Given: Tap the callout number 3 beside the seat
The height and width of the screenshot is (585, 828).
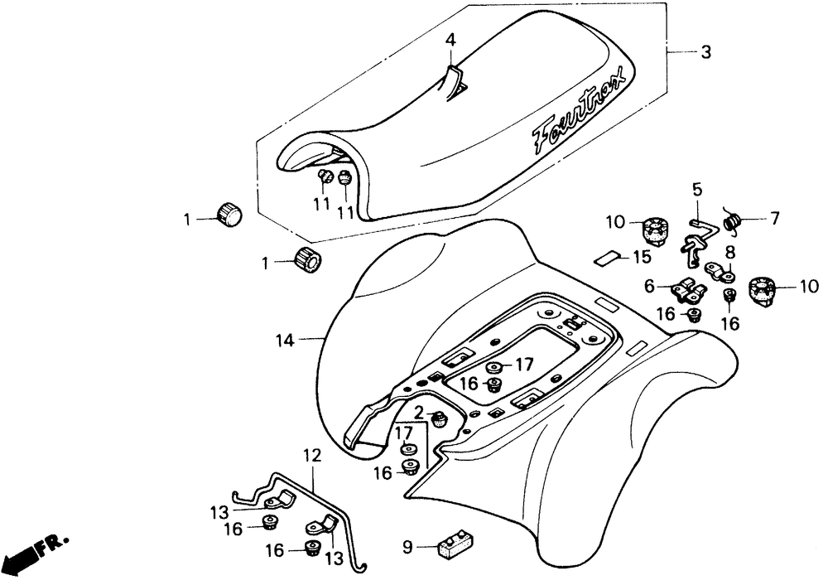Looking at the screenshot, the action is click(x=705, y=52).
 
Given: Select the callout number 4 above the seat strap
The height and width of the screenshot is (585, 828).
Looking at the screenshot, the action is click(x=450, y=40).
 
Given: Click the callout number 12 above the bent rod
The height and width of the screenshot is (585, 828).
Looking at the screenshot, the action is click(x=312, y=456).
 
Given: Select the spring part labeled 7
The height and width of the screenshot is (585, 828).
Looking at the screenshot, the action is click(x=731, y=221).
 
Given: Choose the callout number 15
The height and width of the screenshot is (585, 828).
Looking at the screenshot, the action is click(x=643, y=258).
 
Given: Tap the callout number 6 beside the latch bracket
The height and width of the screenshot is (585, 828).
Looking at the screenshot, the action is click(x=649, y=286).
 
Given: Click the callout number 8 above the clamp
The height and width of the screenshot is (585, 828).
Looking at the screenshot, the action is click(x=729, y=252).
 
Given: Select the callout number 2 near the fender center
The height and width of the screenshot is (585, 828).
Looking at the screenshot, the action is click(x=418, y=412).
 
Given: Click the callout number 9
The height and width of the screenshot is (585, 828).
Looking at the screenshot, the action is click(x=407, y=548).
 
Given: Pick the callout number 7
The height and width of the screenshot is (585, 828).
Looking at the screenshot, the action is click(x=774, y=218).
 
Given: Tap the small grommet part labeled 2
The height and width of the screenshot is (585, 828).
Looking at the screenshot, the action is click(x=438, y=419).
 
